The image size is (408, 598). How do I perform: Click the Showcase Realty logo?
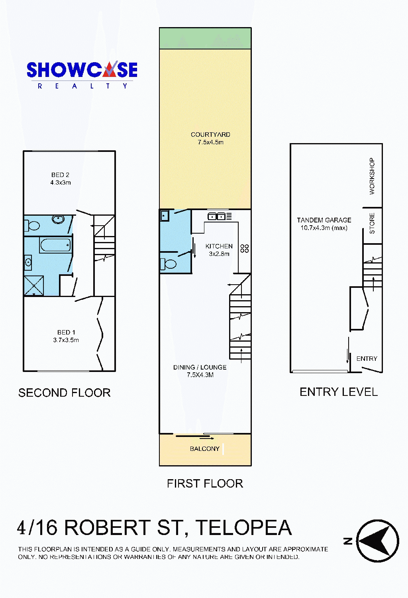click(x=82, y=75)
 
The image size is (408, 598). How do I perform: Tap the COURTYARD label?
click(x=210, y=135)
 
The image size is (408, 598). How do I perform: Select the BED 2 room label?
click(x=60, y=175)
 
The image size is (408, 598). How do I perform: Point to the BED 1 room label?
click(x=66, y=332)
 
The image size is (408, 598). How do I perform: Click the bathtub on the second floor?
click(x=56, y=244)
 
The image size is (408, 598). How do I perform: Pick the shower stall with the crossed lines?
click(x=34, y=286)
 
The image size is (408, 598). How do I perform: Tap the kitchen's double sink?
click(x=216, y=216)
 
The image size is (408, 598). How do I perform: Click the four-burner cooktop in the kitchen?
click(x=244, y=248)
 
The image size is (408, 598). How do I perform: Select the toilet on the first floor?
click(x=168, y=264)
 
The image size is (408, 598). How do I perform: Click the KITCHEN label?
click(x=219, y=246)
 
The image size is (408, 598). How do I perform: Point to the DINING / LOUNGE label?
click(x=200, y=367)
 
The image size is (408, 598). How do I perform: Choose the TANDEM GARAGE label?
click(x=324, y=220)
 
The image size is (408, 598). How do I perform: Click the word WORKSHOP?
click(x=372, y=176)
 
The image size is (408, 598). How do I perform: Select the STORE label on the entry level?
click(x=372, y=223)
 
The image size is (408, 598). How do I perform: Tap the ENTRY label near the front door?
click(x=367, y=358)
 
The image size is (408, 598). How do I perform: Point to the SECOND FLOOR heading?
click(x=64, y=393)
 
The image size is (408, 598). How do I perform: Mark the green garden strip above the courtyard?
click(x=205, y=38)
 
